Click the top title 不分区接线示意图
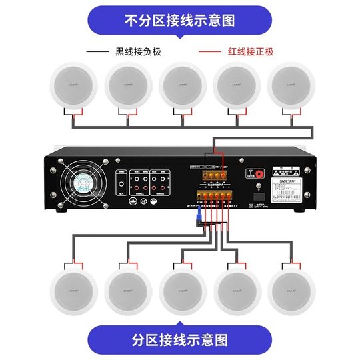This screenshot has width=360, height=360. click(x=180, y=20)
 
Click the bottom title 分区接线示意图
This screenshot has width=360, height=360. click(x=180, y=339)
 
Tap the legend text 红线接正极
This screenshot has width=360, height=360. click(x=250, y=51)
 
